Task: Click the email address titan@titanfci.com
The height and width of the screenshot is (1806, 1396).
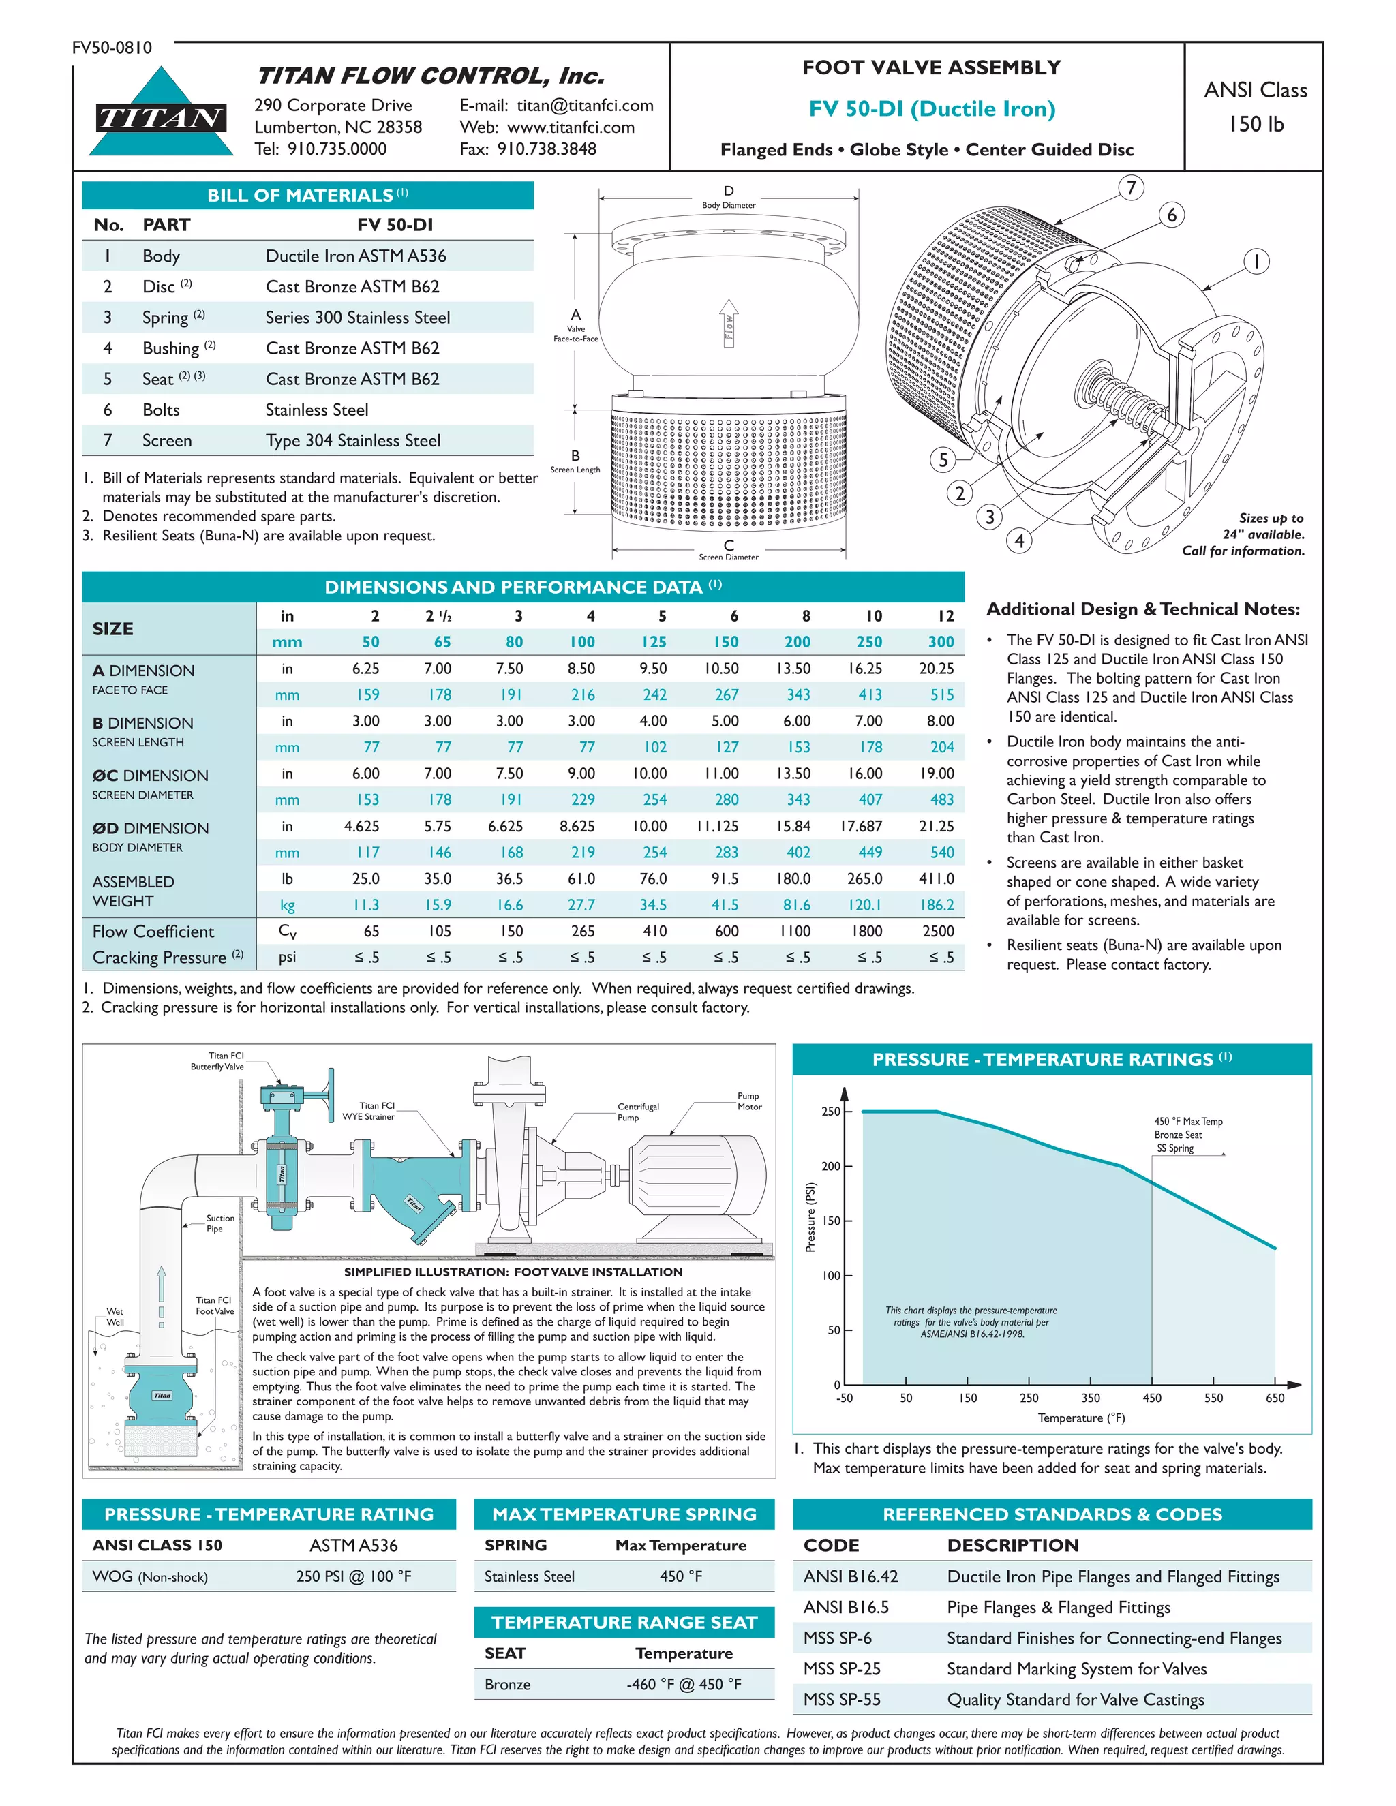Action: click(x=585, y=105)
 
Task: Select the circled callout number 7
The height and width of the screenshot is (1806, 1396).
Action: click(x=1131, y=187)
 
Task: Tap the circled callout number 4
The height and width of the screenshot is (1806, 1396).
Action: click(x=1019, y=541)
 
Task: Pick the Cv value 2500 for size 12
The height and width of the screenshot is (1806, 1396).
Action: click(x=938, y=931)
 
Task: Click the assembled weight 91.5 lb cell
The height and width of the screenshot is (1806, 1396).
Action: click(x=725, y=878)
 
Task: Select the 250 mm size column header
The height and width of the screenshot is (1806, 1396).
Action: click(x=868, y=642)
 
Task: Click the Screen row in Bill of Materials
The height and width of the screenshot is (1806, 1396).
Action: click(x=307, y=441)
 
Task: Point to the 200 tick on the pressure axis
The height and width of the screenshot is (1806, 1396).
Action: click(x=831, y=1166)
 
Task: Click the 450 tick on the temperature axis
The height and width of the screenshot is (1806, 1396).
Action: click(x=1152, y=1398)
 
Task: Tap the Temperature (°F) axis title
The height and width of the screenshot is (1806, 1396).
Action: click(x=1081, y=1418)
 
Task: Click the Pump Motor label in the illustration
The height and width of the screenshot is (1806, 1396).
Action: click(x=749, y=1101)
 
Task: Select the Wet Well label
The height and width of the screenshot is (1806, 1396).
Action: click(x=115, y=1317)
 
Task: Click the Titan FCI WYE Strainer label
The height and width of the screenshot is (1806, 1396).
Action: click(x=369, y=1111)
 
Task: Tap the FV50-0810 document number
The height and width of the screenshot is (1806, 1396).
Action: click(x=112, y=48)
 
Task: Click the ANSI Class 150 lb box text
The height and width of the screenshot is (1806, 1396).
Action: click(x=1255, y=107)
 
